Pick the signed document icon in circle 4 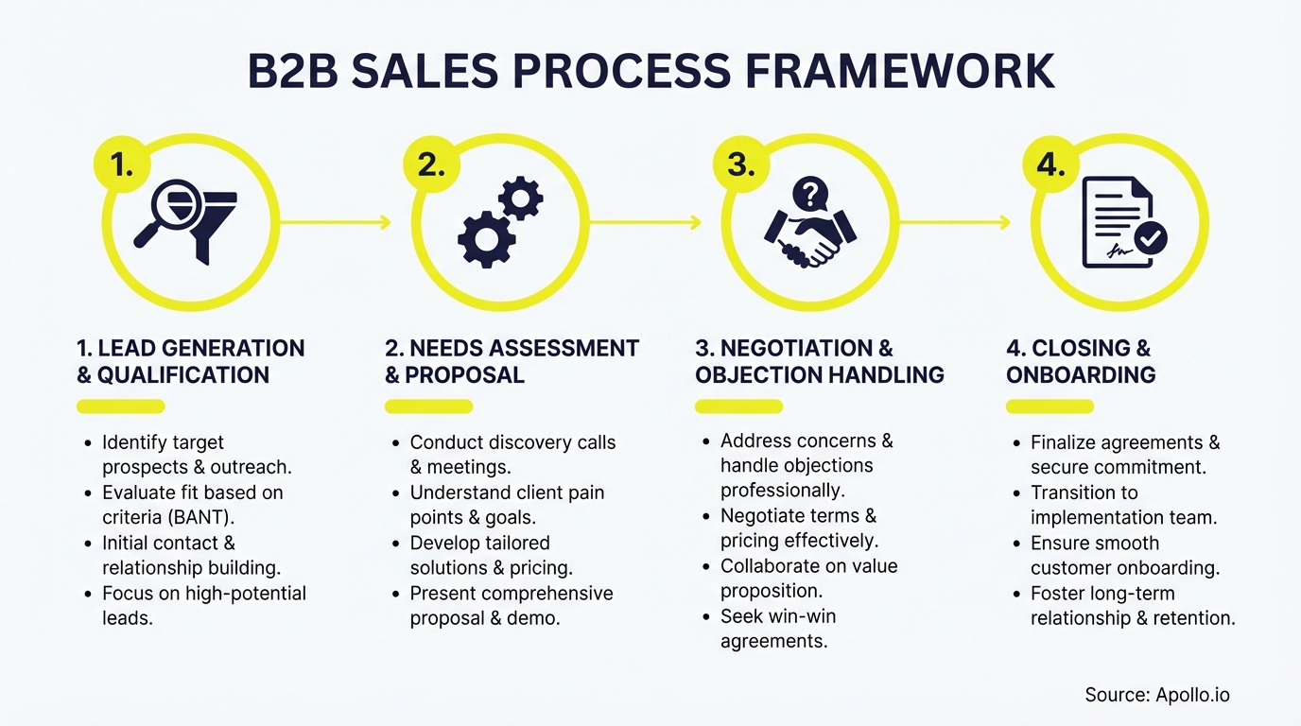tap(1121, 223)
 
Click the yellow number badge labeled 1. tap(122, 164)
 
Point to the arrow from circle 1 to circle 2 tap(336, 222)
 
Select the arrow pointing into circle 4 tap(955, 222)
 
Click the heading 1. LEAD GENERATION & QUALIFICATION tap(190, 361)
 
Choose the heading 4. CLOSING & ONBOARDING tap(1080, 361)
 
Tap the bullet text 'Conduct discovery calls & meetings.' tap(512, 454)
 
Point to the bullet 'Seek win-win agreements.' tap(777, 629)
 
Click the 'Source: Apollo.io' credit tap(1157, 695)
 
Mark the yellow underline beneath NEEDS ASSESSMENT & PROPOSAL tap(428, 406)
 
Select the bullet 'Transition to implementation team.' tap(1123, 505)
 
